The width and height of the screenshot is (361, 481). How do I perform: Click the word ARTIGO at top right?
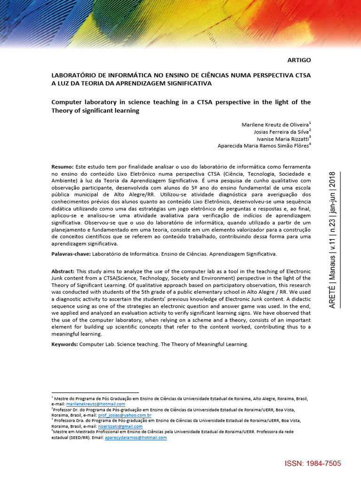click(299, 61)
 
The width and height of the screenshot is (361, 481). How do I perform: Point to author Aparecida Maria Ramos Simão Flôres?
click(263, 146)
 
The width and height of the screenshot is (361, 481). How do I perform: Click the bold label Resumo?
click(63, 167)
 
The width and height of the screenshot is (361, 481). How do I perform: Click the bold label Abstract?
click(63, 272)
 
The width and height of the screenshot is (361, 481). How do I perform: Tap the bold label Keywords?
click(64, 344)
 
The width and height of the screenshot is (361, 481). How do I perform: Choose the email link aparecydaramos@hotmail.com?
click(136, 437)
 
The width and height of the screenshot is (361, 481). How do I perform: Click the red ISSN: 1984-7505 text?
click(313, 464)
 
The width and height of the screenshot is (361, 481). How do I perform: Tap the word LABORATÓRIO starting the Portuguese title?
click(74, 75)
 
